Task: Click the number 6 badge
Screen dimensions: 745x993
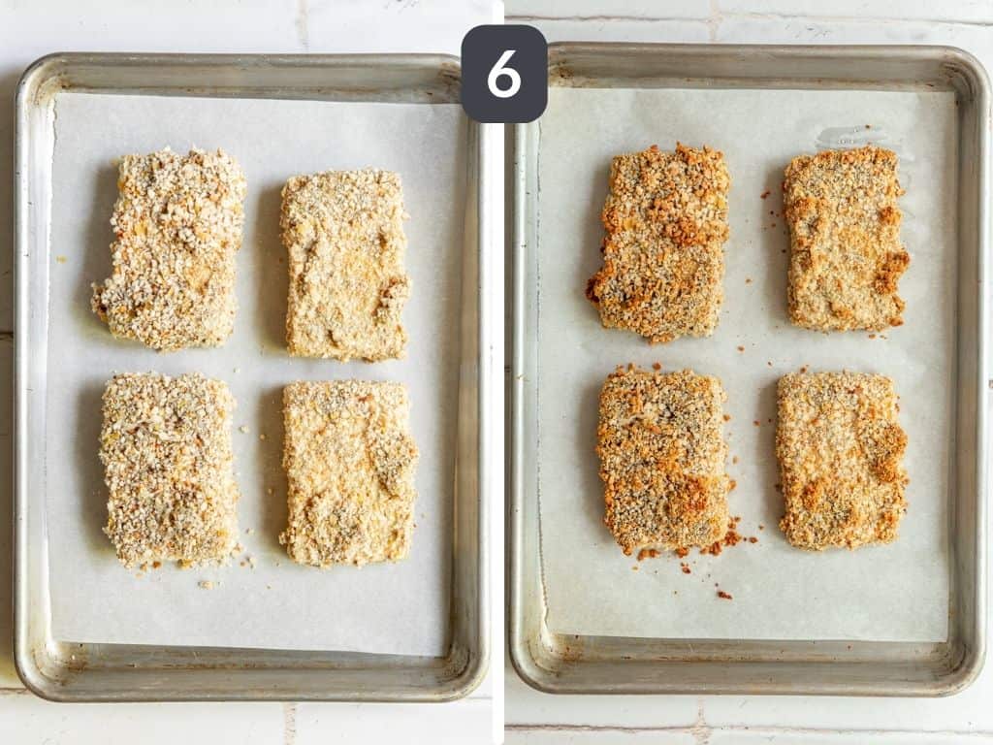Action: tap(503, 74)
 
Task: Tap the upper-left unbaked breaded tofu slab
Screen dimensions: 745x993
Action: tap(170, 248)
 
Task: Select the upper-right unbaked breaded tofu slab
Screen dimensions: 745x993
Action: tap(345, 264)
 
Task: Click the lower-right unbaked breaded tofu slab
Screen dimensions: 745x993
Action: tap(349, 472)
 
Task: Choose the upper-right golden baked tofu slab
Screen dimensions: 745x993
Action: tap(845, 239)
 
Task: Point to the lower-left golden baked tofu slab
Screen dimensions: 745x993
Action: tap(661, 460)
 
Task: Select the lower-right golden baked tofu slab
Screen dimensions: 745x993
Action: tap(841, 459)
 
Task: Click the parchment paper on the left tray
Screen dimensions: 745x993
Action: tap(252, 611)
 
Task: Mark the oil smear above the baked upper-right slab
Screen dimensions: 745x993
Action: tap(853, 137)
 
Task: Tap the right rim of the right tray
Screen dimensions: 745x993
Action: tap(973, 369)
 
